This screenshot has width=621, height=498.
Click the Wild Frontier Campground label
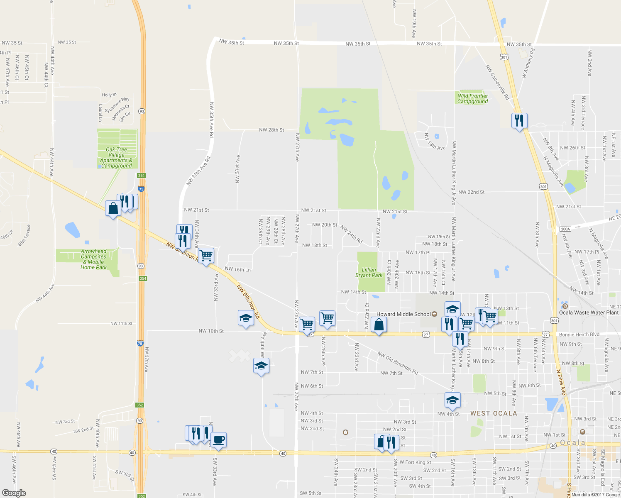pyautogui.click(x=472, y=99)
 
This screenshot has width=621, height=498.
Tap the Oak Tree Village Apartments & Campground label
pyautogui.click(x=116, y=158)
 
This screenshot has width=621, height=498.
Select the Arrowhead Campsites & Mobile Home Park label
pyautogui.click(x=93, y=259)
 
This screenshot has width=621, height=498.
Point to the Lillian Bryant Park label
pyautogui.click(x=369, y=273)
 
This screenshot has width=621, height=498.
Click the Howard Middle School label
pyautogui.click(x=403, y=314)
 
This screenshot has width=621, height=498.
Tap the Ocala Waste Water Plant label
pyautogui.click(x=589, y=312)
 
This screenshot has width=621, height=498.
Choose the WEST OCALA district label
pyautogui.click(x=494, y=413)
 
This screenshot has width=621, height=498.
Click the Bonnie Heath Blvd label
pyautogui.click(x=579, y=334)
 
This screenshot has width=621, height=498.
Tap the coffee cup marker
pyautogui.click(x=218, y=439)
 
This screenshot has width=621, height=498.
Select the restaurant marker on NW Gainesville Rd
pyautogui.click(x=519, y=121)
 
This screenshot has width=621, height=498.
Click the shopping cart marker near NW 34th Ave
pyautogui.click(x=206, y=255)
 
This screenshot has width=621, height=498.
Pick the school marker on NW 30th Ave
pyautogui.click(x=261, y=366)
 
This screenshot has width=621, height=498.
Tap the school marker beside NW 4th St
pyautogui.click(x=452, y=400)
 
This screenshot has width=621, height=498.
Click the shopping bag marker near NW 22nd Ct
pyautogui.click(x=379, y=325)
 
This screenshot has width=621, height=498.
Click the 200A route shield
pyautogui.click(x=565, y=229)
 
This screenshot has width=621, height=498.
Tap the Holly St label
pyautogui.click(x=109, y=95)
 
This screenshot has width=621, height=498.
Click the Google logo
pyautogui.click(x=14, y=493)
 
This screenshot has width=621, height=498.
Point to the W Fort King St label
pyautogui.click(x=415, y=462)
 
